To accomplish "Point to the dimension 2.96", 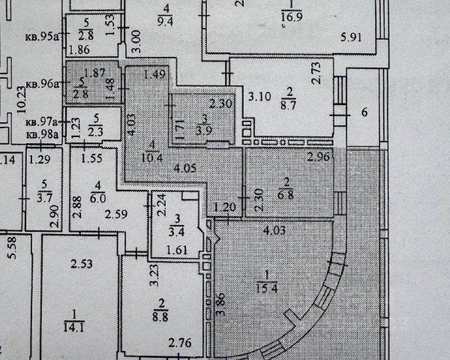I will pyautogui.click(x=319, y=157).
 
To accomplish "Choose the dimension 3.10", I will pyautogui.click(x=260, y=95).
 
